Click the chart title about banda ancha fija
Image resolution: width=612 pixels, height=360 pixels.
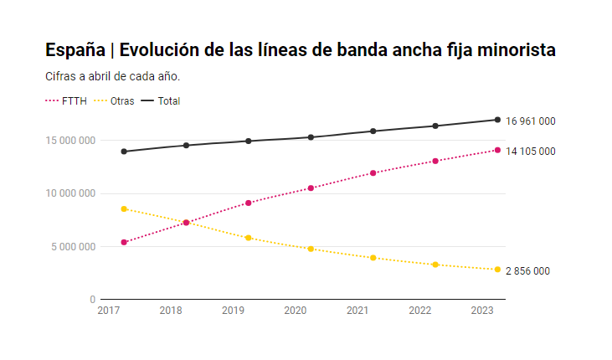301,50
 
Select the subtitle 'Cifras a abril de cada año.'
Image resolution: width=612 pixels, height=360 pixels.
113,76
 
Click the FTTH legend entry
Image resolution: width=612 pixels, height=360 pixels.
68,100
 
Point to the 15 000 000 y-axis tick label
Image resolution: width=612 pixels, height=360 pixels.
70,140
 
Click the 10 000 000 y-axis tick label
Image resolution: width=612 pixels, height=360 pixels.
70,193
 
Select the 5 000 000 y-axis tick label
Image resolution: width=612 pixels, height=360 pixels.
73,246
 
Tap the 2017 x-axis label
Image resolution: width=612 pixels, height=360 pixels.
108,311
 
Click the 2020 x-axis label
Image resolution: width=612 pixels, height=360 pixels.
295,311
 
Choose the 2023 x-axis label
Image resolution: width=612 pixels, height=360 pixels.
482,311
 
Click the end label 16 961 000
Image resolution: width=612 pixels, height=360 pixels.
531,121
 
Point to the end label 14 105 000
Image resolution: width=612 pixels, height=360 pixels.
531,152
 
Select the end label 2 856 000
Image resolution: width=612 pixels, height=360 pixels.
527,271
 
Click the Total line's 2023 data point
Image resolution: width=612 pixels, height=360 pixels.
497,120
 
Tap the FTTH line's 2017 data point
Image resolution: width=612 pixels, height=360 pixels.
124,242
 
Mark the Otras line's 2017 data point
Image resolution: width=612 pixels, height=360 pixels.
124,208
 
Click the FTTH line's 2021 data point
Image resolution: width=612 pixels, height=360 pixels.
373,173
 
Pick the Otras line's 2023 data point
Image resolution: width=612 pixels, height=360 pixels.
497,270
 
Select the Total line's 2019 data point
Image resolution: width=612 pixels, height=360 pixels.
249,141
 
